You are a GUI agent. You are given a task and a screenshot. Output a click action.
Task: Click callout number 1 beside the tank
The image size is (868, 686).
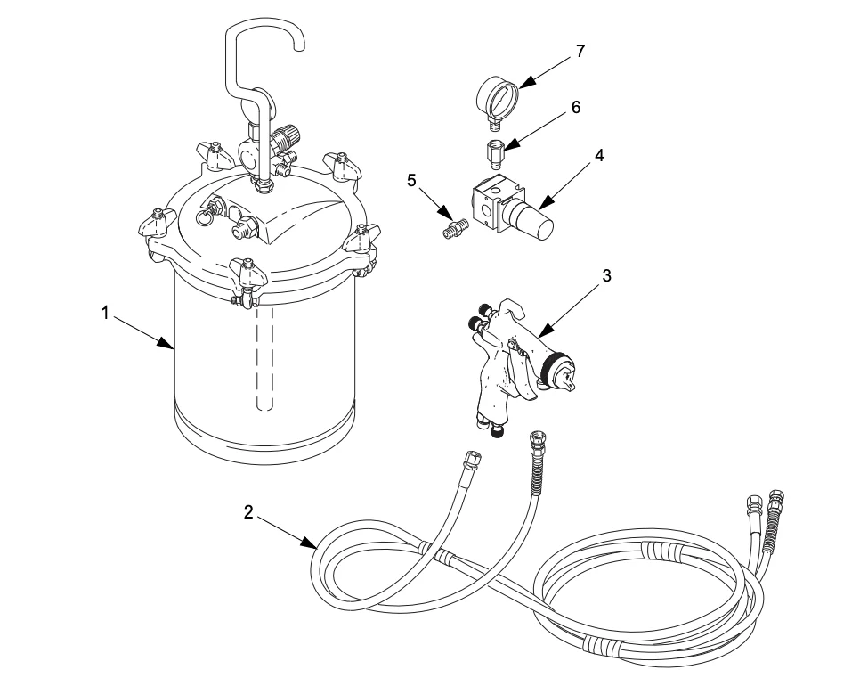105,313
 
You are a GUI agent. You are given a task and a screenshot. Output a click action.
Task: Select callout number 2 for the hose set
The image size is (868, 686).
249,512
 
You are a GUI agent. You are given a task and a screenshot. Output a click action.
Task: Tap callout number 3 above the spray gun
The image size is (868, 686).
606,276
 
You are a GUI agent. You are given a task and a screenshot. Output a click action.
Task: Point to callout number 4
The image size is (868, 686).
600,155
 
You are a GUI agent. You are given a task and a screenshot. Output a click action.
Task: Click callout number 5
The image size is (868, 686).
411,180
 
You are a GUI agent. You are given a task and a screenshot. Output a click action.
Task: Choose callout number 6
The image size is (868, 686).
576,107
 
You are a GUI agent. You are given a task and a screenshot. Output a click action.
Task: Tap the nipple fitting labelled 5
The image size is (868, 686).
457,229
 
